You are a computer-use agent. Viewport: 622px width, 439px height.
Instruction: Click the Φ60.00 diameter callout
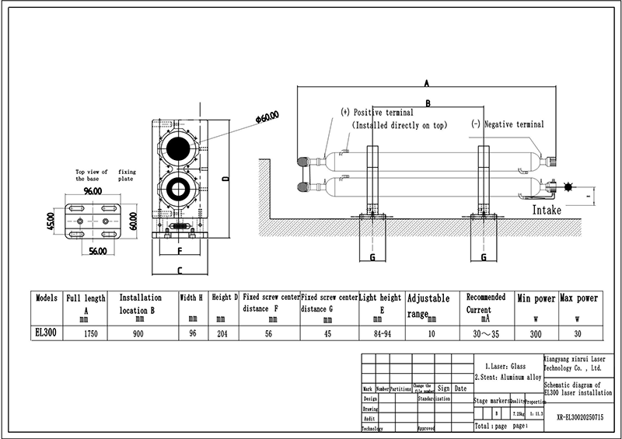267,117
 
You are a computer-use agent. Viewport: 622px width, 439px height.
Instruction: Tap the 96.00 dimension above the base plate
93,190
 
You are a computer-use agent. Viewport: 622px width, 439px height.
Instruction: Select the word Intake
547,210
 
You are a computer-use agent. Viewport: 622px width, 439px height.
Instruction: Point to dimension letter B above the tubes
427,103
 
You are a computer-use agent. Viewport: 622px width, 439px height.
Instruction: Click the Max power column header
578,298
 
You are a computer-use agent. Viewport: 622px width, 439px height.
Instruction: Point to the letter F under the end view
180,252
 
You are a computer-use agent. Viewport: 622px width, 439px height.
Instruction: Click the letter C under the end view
180,271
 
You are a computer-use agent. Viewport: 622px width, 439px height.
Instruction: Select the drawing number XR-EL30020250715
579,416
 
